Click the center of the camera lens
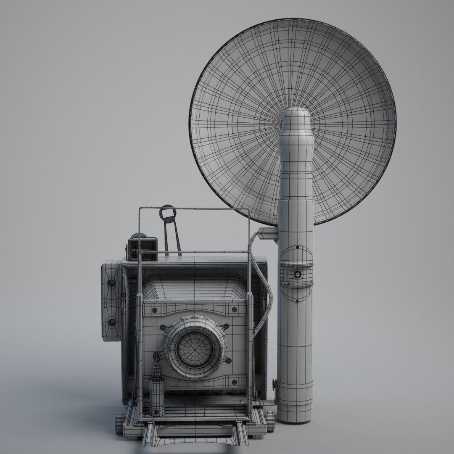tap(195, 348)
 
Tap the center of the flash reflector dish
tap(293, 122)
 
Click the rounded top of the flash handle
tap(296, 116)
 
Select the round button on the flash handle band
tap(298, 275)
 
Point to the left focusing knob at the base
tap(119, 422)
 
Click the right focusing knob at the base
tap(269, 421)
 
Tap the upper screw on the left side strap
tap(111, 283)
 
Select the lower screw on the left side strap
tap(111, 322)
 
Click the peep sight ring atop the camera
tap(167, 213)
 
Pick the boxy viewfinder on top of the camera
tap(143, 248)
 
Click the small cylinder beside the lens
tap(157, 391)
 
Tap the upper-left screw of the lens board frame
tap(154, 310)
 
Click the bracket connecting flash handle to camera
tap(267, 234)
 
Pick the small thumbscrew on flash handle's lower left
tap(275, 383)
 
